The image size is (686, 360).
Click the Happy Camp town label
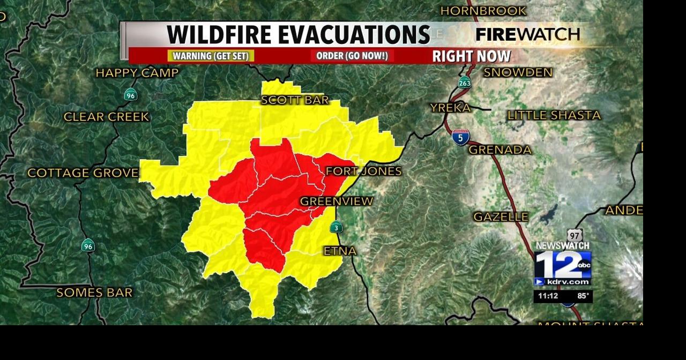click(137, 73)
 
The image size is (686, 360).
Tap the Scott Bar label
click(294, 100)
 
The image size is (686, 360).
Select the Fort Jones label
click(363, 171)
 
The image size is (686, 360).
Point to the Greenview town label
click(336, 201)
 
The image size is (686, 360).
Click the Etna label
click(340, 251)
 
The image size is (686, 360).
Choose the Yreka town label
click(450, 108)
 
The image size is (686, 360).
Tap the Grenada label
click(499, 150)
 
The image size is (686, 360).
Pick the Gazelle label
click(501, 217)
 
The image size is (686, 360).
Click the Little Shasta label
click(554, 115)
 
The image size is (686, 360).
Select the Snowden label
click(518, 72)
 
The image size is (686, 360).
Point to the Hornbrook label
click(483, 11)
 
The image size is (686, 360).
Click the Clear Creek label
click(106, 117)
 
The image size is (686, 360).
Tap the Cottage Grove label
click(83, 173)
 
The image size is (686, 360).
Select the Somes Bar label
click(94, 292)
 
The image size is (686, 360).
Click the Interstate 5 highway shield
click(460, 137)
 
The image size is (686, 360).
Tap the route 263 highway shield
click(464, 82)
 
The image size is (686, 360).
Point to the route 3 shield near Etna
click(336, 227)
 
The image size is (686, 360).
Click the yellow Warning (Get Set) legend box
click(211, 56)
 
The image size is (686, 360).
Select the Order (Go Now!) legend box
click(352, 56)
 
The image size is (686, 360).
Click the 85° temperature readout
click(583, 296)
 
